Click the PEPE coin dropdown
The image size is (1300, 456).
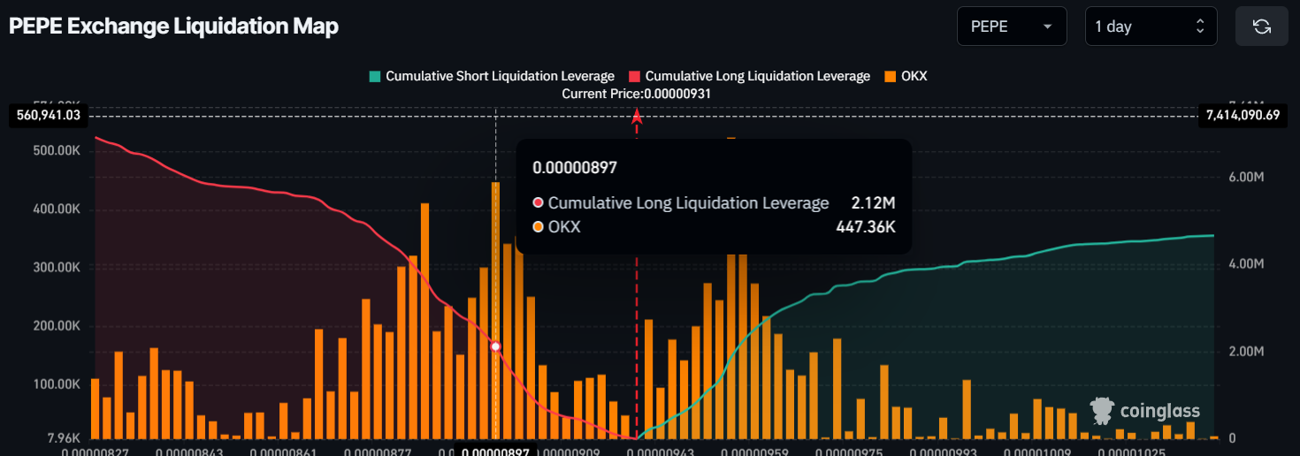tap(1011, 27)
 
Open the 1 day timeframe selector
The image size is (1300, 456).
tap(1151, 27)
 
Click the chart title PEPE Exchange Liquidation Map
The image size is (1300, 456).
tap(173, 27)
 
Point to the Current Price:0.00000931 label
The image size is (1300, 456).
tap(637, 93)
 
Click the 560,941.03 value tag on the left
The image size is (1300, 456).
tap(49, 115)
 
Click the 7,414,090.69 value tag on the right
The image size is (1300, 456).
tap(1242, 115)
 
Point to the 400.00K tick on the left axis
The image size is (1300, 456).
tap(58, 209)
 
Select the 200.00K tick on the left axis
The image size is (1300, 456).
tap(58, 326)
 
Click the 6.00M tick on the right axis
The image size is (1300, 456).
tap(1246, 178)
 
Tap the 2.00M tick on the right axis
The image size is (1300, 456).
tap(1246, 352)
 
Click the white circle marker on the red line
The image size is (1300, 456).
tap(496, 346)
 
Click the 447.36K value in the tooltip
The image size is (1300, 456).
tap(866, 227)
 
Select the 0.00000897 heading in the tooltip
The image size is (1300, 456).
tap(575, 167)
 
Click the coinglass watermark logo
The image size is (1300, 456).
tap(1144, 411)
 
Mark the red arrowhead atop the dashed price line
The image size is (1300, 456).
tap(636, 116)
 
